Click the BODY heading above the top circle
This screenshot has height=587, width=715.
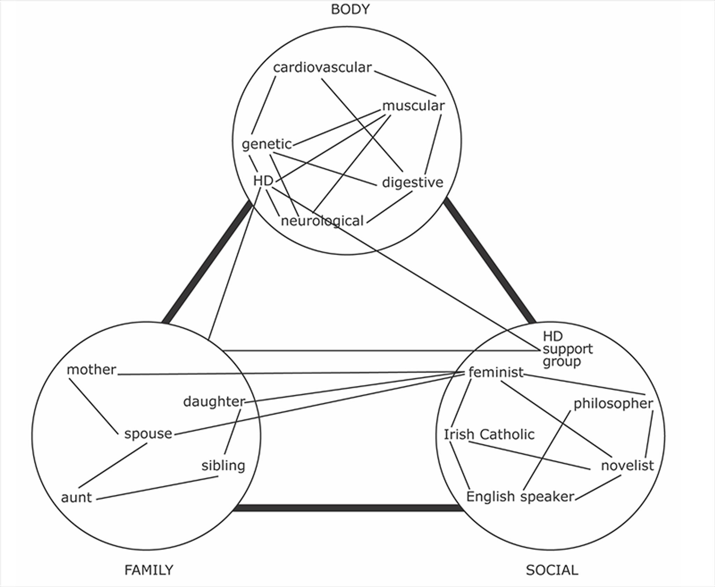click(x=350, y=9)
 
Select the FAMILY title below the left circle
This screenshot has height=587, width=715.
click(x=149, y=570)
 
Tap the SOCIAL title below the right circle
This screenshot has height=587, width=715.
click(x=552, y=570)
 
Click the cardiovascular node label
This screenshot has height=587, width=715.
click(x=322, y=67)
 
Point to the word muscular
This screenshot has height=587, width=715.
click(x=413, y=106)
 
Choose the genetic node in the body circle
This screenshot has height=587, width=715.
click(x=267, y=144)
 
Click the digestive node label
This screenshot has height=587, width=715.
click(x=412, y=183)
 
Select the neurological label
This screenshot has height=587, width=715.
click(x=322, y=221)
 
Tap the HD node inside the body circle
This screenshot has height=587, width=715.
click(x=263, y=181)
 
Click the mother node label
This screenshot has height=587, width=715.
click(x=91, y=370)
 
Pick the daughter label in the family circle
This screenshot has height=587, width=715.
click(x=214, y=402)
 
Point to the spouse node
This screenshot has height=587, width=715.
click(x=148, y=434)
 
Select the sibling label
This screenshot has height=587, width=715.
click(x=223, y=466)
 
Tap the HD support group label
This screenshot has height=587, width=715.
click(x=567, y=349)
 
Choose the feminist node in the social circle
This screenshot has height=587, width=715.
click(x=496, y=372)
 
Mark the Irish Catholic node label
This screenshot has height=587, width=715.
click(x=489, y=434)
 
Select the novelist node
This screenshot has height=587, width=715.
click(x=627, y=466)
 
